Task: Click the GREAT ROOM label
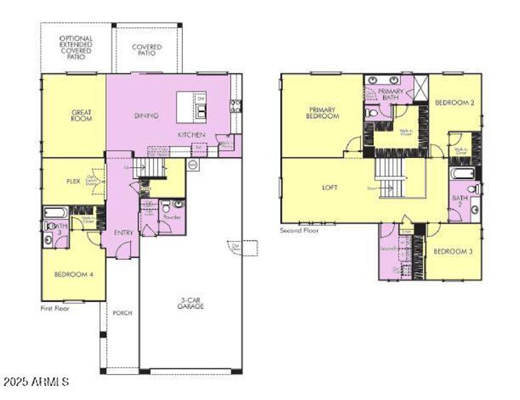coord(81,115)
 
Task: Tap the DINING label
coord(146,115)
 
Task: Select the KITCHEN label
coord(190,135)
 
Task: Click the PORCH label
coord(122,312)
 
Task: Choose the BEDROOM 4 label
coord(73,274)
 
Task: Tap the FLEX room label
coord(73,181)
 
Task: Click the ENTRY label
coord(123,233)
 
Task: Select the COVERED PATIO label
coord(146,50)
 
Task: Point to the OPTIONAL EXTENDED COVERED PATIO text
coord(76,49)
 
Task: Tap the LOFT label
coord(330,187)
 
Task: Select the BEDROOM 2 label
coord(454,103)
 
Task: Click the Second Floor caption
coord(299,230)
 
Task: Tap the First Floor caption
coord(55,308)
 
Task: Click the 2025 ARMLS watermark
coord(36,382)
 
